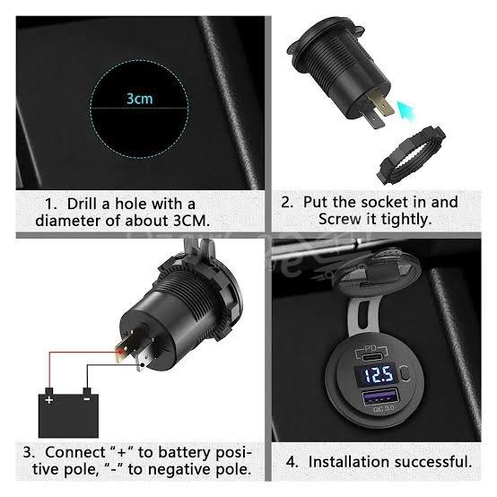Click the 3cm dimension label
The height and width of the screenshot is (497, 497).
[x=138, y=98]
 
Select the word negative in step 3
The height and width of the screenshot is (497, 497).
[x=173, y=470]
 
